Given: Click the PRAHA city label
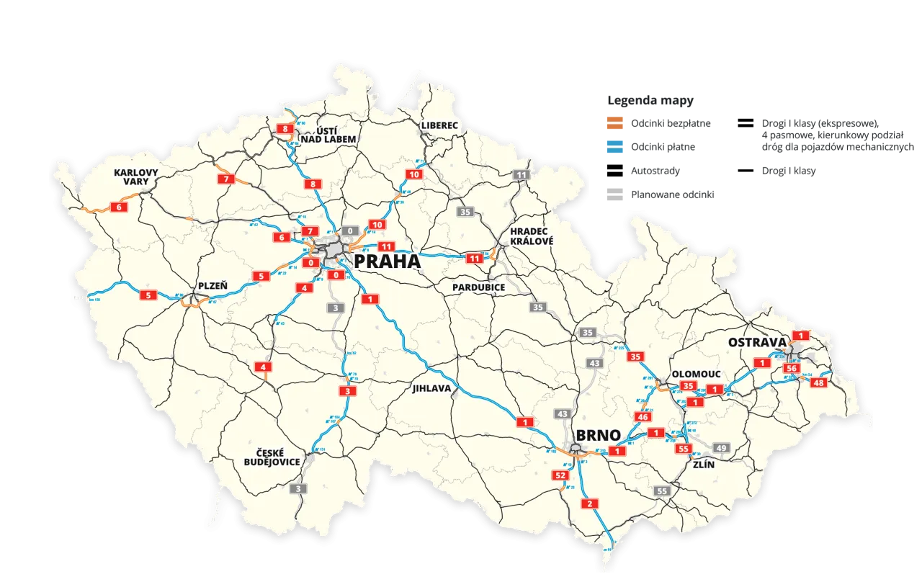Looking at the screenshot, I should (387, 261).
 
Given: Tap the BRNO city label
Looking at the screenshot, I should (598, 436).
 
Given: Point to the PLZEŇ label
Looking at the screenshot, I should (212, 286).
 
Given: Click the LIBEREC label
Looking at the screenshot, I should (440, 125).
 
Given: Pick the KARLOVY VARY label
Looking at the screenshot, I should (135, 177).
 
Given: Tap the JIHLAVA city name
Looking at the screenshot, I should (431, 388).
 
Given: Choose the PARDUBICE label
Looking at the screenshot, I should (479, 287).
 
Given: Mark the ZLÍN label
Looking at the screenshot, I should (702, 465).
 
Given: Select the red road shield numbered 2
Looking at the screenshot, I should (590, 503).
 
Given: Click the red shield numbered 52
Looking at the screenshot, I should (560, 475).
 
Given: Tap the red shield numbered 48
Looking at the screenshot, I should (818, 382).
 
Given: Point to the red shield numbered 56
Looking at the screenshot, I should (792, 368).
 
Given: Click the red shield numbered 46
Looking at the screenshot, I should (643, 417).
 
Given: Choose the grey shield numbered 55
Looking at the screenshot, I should (662, 490).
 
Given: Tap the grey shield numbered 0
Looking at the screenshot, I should (350, 231).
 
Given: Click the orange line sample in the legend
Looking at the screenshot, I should (615, 125).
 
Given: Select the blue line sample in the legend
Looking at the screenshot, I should (615, 148).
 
